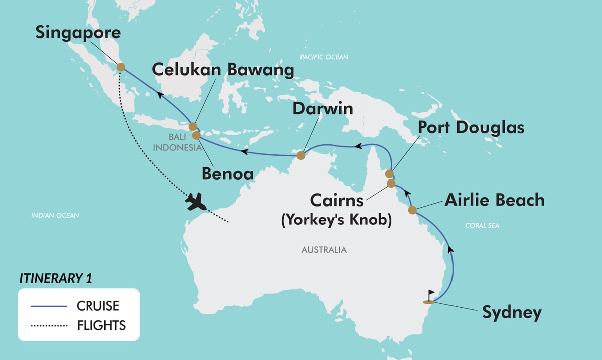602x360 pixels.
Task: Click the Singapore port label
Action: point(78,33)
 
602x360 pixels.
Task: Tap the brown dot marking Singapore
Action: point(121,67)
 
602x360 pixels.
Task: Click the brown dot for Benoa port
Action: point(196,135)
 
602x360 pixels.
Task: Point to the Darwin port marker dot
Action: point(300,155)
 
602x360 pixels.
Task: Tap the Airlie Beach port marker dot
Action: point(412,210)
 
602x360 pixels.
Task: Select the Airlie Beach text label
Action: point(494,200)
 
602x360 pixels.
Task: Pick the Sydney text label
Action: point(512,312)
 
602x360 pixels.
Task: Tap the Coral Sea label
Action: point(482,226)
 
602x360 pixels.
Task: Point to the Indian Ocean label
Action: point(55,216)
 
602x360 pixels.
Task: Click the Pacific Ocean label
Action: point(324,57)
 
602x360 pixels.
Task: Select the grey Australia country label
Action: point(324,249)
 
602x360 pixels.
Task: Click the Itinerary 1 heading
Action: point(56,278)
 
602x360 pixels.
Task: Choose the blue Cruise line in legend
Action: point(49,305)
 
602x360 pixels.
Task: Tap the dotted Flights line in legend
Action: point(49,326)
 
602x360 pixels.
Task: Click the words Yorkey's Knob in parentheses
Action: point(336,220)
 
